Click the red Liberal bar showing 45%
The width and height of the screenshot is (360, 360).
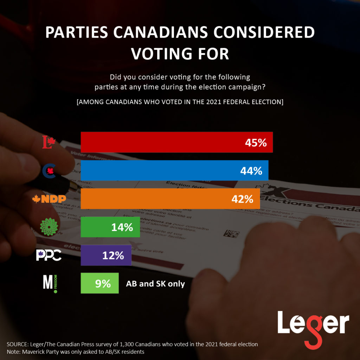click(x=176, y=142)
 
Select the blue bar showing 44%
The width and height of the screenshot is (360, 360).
click(x=174, y=171)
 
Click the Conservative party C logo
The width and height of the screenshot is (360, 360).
click(x=49, y=171)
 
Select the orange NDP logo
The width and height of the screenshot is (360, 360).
click(x=49, y=199)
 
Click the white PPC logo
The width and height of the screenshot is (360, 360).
click(x=49, y=255)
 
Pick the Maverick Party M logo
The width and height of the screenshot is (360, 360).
click(x=49, y=283)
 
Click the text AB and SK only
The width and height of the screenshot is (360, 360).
click(x=155, y=284)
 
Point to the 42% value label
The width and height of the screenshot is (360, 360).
click(x=242, y=199)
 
